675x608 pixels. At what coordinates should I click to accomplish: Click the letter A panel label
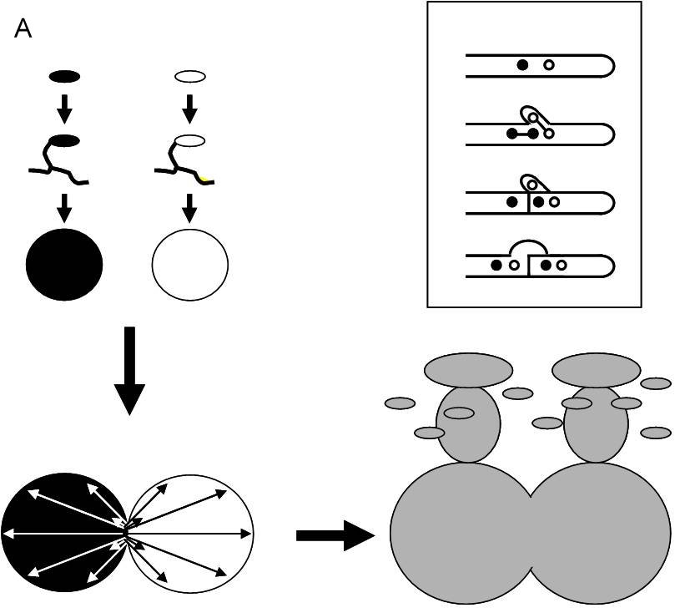click(x=23, y=30)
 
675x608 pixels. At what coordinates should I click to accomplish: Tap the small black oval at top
click(x=65, y=77)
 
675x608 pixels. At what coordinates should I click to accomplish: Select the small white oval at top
click(x=190, y=77)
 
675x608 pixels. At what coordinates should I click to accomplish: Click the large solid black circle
click(x=64, y=264)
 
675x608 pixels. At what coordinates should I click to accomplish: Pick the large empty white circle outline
click(x=190, y=264)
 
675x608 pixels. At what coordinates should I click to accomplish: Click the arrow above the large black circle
click(x=65, y=209)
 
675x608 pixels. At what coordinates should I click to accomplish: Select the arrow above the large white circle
click(x=190, y=209)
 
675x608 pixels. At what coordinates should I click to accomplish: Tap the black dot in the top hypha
click(x=522, y=65)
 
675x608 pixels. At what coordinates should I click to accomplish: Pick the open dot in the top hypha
click(x=548, y=65)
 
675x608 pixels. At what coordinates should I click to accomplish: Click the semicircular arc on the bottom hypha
click(x=528, y=247)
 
